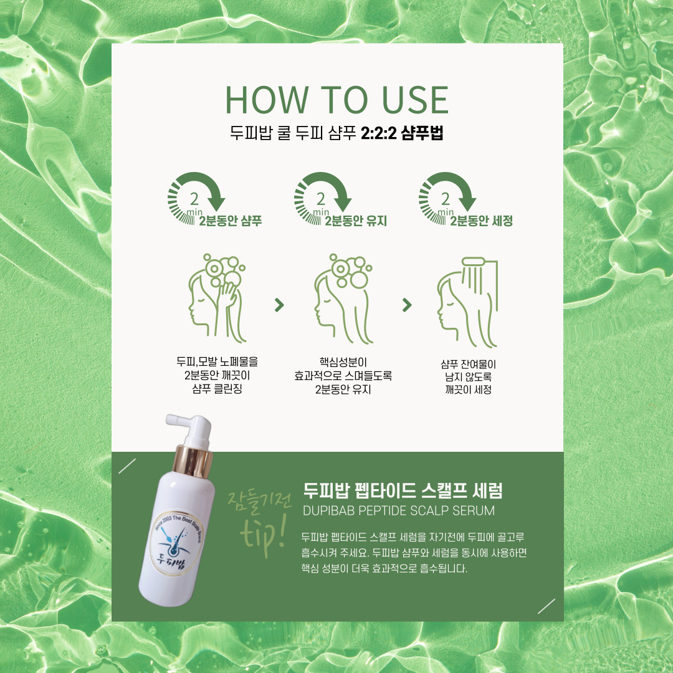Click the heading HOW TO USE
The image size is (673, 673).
coord(337,100)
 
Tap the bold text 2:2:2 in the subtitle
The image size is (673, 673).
coord(378,133)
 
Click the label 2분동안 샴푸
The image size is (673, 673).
coord(230,221)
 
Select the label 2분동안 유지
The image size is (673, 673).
coord(356,221)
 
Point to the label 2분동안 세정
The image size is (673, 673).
coord(481,221)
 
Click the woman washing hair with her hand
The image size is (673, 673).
coord(217,298)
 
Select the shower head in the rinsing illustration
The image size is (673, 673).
coord(473,261)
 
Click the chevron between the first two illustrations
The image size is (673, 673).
coord(279,305)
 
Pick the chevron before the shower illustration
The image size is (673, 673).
coord(407,305)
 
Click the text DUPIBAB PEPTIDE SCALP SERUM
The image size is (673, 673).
coord(399,511)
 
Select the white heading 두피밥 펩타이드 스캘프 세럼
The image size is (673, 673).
coord(403,490)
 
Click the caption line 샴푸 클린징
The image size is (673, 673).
coord(217,389)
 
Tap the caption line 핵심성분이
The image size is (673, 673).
coord(343,362)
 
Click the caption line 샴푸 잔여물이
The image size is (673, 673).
coord(468,365)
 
